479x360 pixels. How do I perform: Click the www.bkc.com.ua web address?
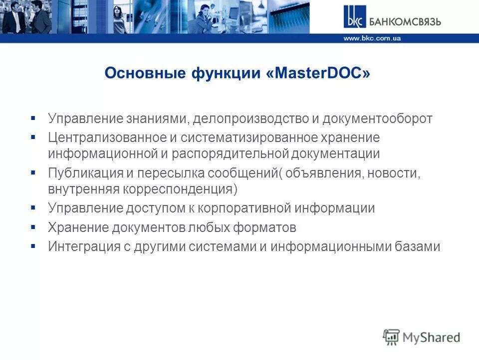(x=372, y=38)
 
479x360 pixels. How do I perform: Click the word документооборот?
(x=377, y=119)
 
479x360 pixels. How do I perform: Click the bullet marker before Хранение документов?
(x=33, y=227)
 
